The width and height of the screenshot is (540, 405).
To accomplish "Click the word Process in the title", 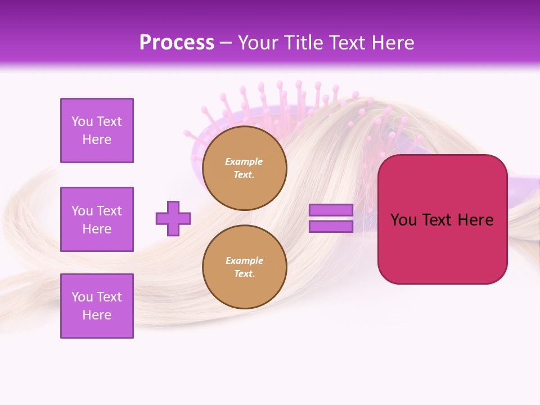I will [177, 42].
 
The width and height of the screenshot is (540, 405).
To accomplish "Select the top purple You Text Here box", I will [97, 130].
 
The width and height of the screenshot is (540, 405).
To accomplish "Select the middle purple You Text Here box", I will [97, 219].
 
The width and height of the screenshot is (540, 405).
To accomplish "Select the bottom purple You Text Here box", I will [97, 306].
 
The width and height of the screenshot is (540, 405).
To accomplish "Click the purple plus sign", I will [173, 218].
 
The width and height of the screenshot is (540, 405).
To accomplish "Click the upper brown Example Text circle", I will [244, 168].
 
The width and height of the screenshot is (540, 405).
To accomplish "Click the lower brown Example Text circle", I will [244, 267].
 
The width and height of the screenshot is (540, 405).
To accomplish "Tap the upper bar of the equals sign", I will [331, 210].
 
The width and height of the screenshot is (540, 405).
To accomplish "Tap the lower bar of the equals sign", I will [331, 226].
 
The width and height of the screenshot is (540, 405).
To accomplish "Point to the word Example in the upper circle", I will [244, 161].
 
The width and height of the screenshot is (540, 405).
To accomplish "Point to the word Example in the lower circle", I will [244, 260].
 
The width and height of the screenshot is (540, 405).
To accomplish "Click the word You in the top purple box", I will [82, 121].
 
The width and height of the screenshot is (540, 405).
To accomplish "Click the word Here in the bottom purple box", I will [97, 315].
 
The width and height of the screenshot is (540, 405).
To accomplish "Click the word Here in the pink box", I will [476, 220].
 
